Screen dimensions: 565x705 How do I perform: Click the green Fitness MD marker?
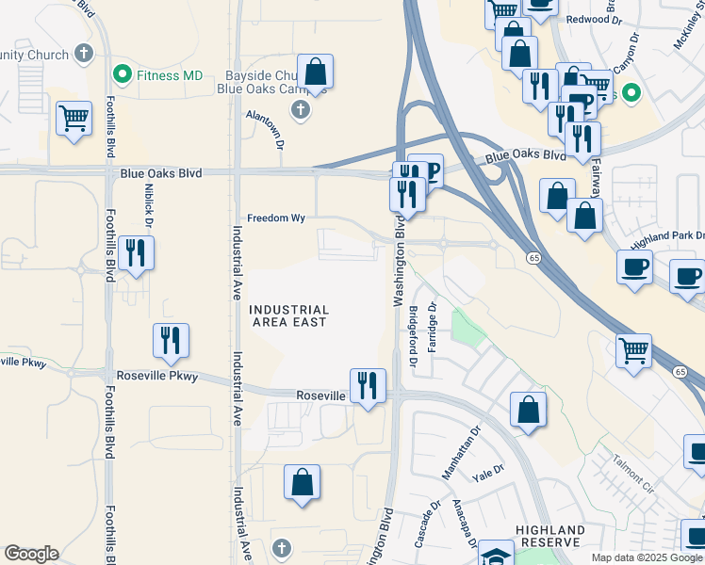point(122,73)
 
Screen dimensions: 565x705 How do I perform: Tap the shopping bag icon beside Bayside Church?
point(316,72)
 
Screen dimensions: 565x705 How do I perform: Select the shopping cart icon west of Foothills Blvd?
point(74,119)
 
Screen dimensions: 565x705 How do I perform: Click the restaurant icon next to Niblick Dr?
point(136,252)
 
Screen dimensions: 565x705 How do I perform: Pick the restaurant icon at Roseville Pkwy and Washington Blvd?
point(368,385)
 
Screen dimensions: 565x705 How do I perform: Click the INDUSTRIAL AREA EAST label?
point(288,315)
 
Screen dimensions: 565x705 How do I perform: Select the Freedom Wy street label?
point(276,218)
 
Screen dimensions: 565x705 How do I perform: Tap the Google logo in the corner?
point(31,554)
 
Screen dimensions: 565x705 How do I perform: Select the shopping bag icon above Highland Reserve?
point(529,410)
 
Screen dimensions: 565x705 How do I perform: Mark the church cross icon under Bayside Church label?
point(301,111)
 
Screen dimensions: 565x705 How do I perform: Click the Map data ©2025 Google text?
point(647,557)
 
